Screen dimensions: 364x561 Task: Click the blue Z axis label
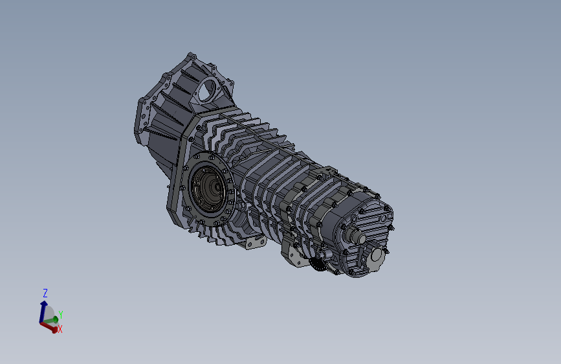pyautogui.click(x=45, y=293)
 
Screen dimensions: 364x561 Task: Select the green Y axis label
pyautogui.click(x=60, y=315)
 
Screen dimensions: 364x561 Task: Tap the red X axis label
pyautogui.click(x=60, y=329)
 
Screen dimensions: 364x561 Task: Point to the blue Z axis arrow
pyautogui.click(x=44, y=307)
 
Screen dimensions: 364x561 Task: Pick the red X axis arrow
pyautogui.click(x=48, y=326)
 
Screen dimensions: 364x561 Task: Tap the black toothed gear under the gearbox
pyautogui.click(x=318, y=264)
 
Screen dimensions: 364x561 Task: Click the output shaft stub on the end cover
pyautogui.click(x=355, y=234)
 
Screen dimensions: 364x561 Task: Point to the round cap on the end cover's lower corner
pyautogui.click(x=377, y=259)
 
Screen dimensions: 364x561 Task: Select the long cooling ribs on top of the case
pyautogui.click(x=259, y=142)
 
